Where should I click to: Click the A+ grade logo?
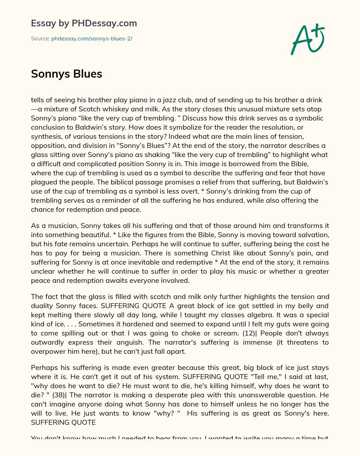tap(308, 39)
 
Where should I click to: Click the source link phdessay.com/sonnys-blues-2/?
tap(91, 39)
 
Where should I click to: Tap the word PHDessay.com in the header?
tap(104, 23)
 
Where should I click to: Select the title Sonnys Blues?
tap(66, 74)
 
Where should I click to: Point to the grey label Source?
tap(40, 39)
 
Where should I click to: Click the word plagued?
tap(44, 182)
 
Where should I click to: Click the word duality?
tap(43, 306)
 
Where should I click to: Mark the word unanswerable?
tap(251, 395)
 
